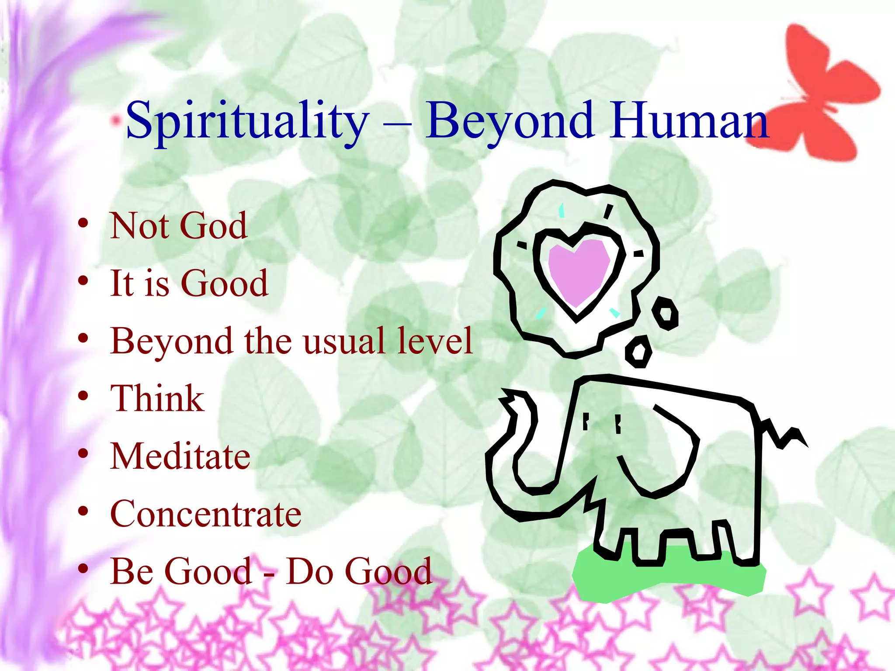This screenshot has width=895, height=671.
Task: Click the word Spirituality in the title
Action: click(247, 120)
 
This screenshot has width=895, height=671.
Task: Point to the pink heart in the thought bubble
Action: click(578, 271)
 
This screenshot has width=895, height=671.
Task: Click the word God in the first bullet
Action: click(213, 226)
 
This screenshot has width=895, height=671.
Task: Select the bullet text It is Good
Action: click(189, 284)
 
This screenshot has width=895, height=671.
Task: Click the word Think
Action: click(157, 398)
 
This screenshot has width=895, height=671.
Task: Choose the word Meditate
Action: click(180, 456)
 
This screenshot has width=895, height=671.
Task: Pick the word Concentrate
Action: click(205, 514)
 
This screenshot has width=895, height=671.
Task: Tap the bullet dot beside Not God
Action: click(83, 224)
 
